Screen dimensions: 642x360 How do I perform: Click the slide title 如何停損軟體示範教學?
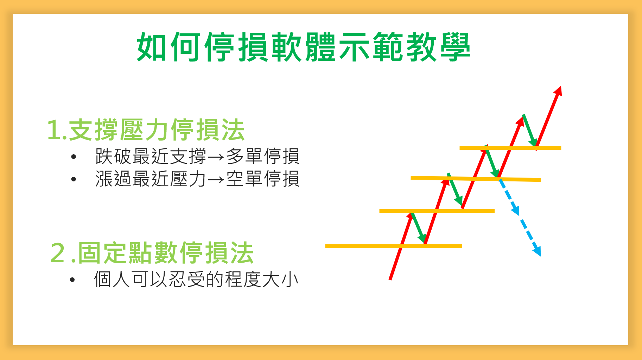[304, 47]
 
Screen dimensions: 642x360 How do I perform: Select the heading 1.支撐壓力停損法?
[146, 130]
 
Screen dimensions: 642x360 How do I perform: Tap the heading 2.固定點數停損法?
[152, 253]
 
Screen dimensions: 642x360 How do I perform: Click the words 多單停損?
[262, 156]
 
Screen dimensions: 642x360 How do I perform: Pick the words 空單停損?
[262, 179]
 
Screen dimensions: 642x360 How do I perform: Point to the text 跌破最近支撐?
[151, 156]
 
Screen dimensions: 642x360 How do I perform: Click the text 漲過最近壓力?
[151, 179]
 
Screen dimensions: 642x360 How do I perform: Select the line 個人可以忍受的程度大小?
[196, 279]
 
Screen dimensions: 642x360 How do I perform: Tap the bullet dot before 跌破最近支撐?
[74, 157]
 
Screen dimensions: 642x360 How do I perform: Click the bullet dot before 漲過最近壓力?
[74, 179]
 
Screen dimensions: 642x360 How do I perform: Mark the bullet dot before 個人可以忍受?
[72, 280]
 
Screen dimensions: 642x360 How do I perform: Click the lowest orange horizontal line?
[394, 246]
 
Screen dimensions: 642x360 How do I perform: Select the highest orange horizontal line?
[510, 148]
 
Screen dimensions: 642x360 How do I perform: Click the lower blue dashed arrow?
[530, 238]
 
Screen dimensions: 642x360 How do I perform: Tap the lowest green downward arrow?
[419, 228]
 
